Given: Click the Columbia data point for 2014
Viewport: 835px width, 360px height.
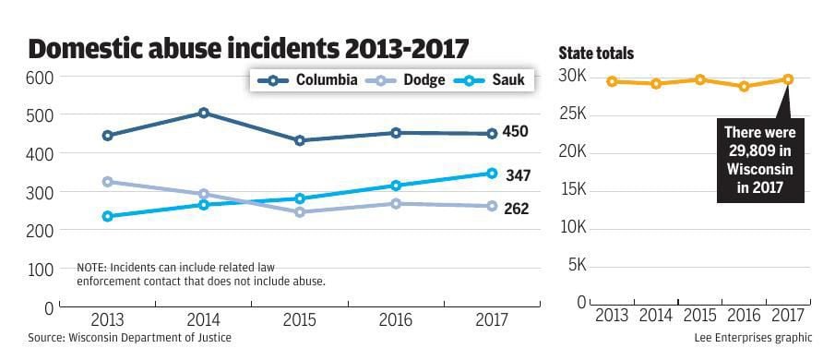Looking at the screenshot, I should [203, 114].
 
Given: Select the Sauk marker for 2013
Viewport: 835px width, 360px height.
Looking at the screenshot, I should [107, 216].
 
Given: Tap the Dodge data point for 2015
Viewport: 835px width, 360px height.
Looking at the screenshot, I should [300, 212].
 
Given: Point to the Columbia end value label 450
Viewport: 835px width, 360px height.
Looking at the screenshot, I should [515, 132].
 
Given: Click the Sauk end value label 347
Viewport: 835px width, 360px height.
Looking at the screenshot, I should [518, 174].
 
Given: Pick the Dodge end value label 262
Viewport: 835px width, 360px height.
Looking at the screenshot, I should [516, 210].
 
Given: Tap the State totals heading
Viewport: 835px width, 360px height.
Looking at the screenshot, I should [596, 54].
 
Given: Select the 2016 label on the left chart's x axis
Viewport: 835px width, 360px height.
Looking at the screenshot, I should [395, 320].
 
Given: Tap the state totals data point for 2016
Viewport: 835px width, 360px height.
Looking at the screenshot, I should [744, 86].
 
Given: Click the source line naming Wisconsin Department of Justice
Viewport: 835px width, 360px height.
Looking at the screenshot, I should [130, 339].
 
